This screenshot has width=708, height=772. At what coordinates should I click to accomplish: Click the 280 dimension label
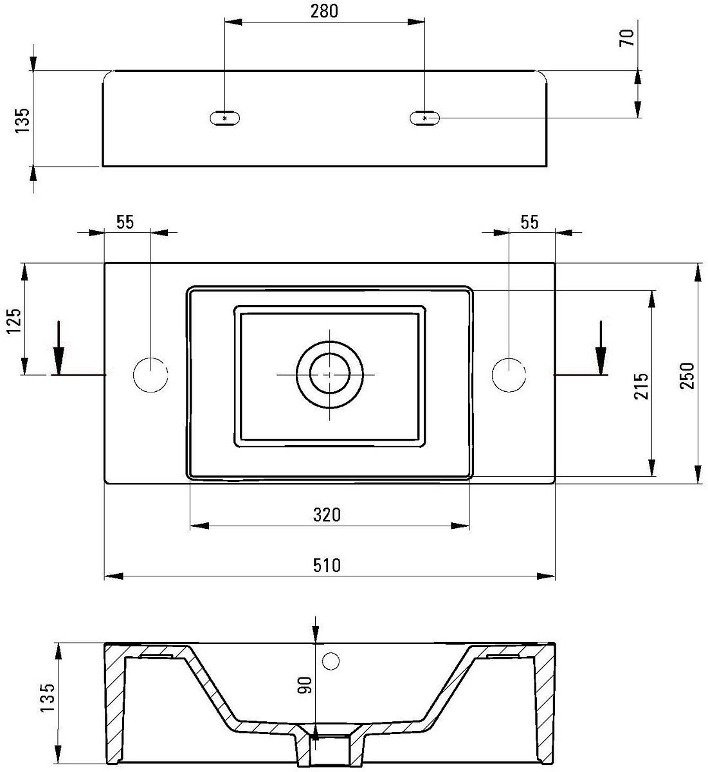[324, 11]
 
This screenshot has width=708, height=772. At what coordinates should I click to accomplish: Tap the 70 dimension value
[627, 38]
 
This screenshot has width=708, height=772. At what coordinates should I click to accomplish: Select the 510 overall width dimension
[327, 565]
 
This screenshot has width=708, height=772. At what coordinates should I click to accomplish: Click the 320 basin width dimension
[327, 515]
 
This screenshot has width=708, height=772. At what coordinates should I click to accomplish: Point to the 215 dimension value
[641, 385]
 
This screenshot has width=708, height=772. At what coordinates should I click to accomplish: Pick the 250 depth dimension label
[687, 376]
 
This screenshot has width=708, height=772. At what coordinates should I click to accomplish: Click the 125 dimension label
[14, 320]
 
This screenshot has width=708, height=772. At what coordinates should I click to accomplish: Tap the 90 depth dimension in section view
[304, 685]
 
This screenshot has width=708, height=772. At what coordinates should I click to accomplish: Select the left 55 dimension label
[125, 222]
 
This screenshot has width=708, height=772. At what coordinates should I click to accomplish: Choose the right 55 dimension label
[529, 222]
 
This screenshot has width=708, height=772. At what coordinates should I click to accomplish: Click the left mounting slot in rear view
[224, 118]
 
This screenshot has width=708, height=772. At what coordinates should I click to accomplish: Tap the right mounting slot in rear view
[424, 118]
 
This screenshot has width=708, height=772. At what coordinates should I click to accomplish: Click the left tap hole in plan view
[150, 375]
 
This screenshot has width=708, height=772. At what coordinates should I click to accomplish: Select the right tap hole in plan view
[509, 375]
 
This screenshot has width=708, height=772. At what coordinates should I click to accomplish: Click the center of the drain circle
[330, 374]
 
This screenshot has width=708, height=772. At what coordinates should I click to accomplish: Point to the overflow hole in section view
[331, 661]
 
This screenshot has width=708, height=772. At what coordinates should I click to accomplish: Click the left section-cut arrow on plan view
[59, 347]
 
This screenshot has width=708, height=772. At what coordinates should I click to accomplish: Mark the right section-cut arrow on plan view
[601, 347]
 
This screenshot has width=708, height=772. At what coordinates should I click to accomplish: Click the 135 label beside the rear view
[22, 120]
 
